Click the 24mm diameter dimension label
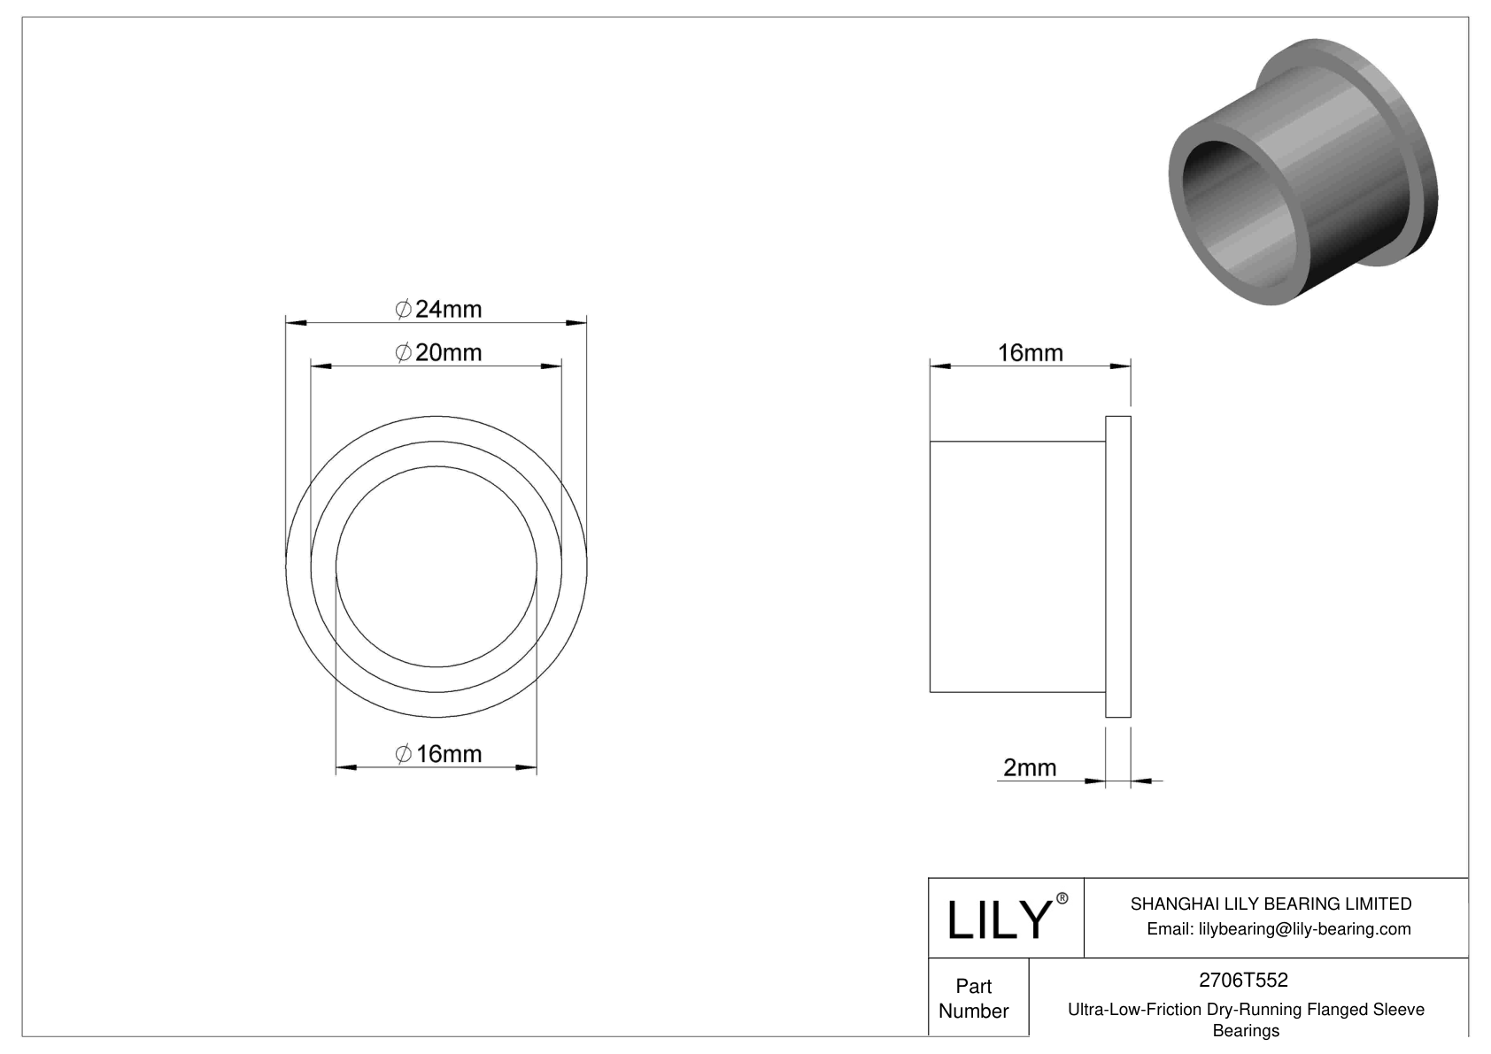point(438,309)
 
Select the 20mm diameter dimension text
point(438,352)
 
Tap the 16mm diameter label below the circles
point(438,754)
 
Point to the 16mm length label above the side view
point(1030,352)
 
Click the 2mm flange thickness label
point(1029,767)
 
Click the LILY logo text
point(998,919)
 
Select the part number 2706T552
point(1242,980)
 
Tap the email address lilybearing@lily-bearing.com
point(1279,928)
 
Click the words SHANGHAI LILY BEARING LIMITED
point(1271,904)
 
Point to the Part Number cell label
point(973,998)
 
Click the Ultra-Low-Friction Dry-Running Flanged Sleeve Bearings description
point(1246,1019)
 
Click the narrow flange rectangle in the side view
point(1118,566)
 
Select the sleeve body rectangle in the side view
point(1017,566)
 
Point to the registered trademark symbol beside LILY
point(1062,898)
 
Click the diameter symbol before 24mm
point(402,309)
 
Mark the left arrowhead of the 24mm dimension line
point(294,322)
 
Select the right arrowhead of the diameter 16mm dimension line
point(528,767)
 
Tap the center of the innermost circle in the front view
point(436,566)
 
